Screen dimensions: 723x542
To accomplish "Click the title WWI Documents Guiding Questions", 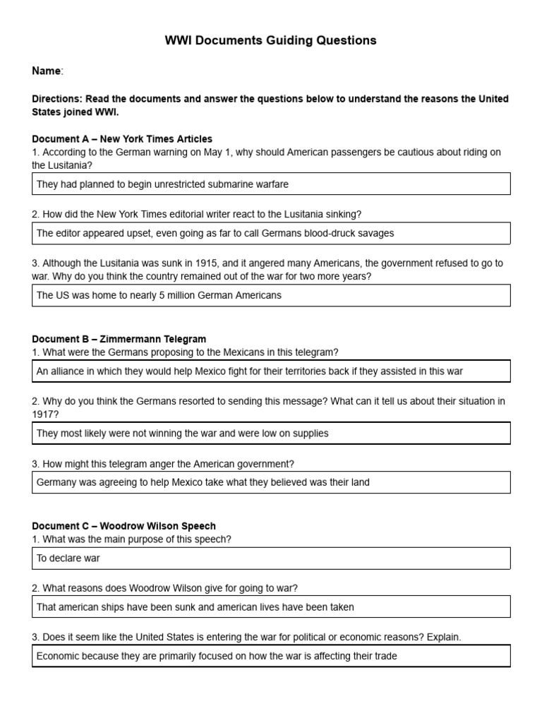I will pyautogui.click(x=271, y=40).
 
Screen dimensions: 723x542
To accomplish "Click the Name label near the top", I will pyautogui.click(x=47, y=71).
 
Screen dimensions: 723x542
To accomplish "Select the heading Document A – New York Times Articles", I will pyautogui.click(x=122, y=139).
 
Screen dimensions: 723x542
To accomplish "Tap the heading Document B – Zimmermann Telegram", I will pyautogui.click(x=119, y=339).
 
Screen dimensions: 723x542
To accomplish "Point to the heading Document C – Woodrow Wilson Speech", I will pyautogui.click(x=124, y=526).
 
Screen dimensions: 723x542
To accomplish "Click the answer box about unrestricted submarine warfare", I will pyautogui.click(x=271, y=184).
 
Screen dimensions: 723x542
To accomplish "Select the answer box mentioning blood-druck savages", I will pyautogui.click(x=271, y=233).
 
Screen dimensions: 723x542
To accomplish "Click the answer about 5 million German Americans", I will pyautogui.click(x=271, y=295).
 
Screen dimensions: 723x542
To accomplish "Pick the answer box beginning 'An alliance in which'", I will pyautogui.click(x=271, y=371).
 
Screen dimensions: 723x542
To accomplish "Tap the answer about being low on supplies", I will pyautogui.click(x=271, y=433).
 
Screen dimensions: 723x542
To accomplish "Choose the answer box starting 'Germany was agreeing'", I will pyautogui.click(x=271, y=482).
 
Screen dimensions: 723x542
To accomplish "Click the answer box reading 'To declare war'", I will pyautogui.click(x=271, y=558).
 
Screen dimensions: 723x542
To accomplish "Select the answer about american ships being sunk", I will pyautogui.click(x=271, y=607).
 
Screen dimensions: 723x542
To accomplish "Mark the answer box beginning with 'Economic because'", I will pyautogui.click(x=271, y=656).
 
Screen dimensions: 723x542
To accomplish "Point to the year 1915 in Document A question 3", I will pyautogui.click(x=217, y=263).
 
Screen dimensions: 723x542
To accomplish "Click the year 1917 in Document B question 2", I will pyautogui.click(x=43, y=414).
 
